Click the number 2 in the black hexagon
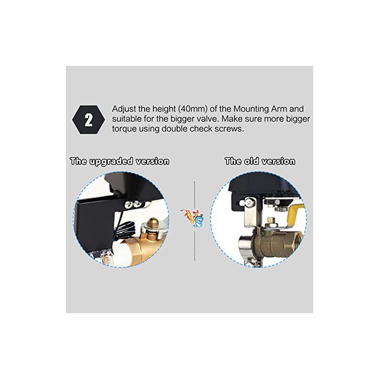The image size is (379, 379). click(x=89, y=120)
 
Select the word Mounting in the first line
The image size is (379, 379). click(x=251, y=109)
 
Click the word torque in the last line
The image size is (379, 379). click(x=124, y=129)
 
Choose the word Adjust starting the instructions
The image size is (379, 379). click(x=124, y=109)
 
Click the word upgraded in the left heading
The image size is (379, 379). click(x=111, y=162)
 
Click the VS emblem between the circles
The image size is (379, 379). click(x=193, y=218)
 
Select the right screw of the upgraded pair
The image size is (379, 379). click(x=137, y=204)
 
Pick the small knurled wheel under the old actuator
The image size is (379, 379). click(x=280, y=209)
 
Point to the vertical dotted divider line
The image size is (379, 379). click(x=195, y=221)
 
